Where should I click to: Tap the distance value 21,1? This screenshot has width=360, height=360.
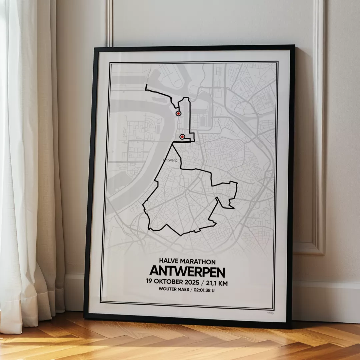pos(212,283)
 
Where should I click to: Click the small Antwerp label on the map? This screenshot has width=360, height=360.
pos(170,160)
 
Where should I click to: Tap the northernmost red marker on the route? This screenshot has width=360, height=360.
pos(178,113)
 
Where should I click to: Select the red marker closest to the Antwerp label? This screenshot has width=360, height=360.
pos(182,137)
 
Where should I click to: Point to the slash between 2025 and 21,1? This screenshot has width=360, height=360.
pos(203,283)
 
